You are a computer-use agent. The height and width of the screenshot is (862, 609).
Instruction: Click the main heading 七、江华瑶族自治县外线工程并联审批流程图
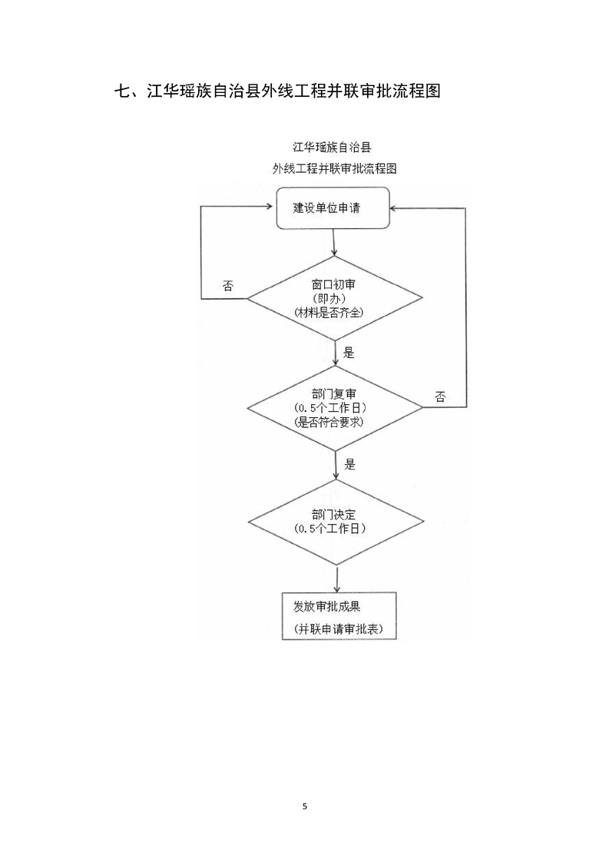click(x=277, y=90)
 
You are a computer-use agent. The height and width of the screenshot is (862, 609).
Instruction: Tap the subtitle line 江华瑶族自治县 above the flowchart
click(x=332, y=148)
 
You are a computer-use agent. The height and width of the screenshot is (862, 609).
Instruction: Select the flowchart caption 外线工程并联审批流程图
click(x=334, y=168)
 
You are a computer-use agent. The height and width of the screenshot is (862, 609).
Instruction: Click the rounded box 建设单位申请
click(x=333, y=207)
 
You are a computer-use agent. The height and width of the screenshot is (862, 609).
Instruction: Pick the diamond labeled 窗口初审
click(x=334, y=299)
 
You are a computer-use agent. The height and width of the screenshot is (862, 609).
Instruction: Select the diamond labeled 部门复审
click(x=335, y=409)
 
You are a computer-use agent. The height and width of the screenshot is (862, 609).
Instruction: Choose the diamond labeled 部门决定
click(x=336, y=522)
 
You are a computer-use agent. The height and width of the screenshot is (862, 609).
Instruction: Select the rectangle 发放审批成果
click(x=339, y=615)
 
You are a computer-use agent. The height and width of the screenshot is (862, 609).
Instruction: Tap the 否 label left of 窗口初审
click(x=227, y=286)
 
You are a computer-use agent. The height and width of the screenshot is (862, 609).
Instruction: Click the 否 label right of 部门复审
click(x=440, y=397)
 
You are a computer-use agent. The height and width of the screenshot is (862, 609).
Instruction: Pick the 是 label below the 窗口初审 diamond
click(x=349, y=353)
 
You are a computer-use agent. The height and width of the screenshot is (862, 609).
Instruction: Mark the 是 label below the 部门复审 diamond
click(x=350, y=465)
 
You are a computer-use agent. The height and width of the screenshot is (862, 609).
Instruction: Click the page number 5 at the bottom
click(x=304, y=807)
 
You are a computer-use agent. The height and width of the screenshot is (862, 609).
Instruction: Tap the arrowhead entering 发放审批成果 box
click(x=336, y=588)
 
